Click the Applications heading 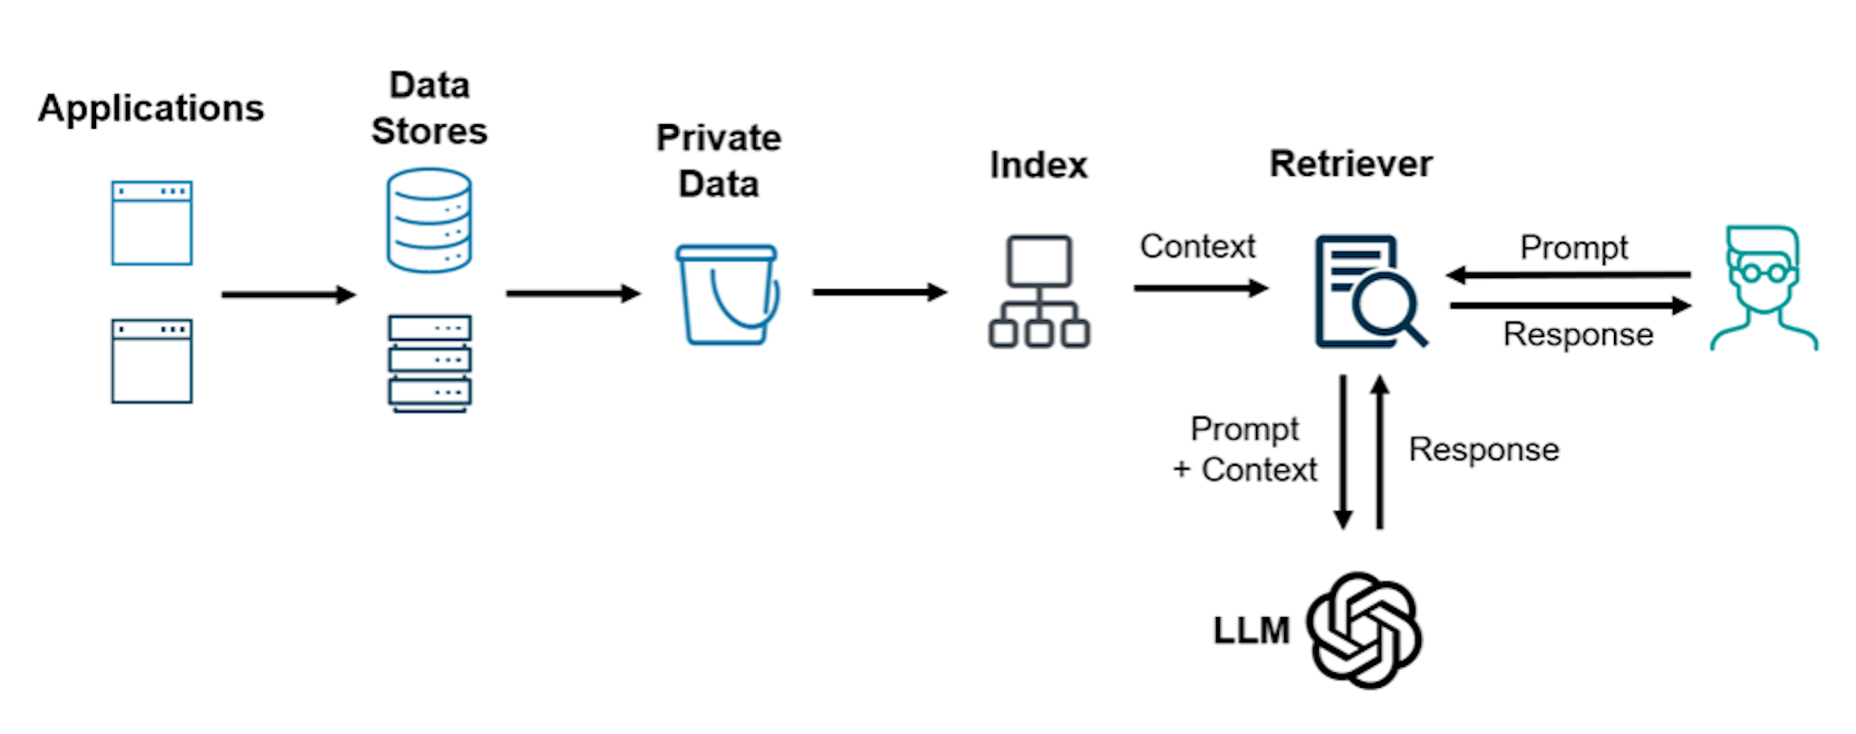tap(150, 109)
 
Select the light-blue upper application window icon tap(152, 223)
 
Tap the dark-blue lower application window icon tap(152, 361)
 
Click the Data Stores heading tap(429, 109)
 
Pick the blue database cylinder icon tap(429, 220)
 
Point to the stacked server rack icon tap(430, 362)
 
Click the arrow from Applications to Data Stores tap(288, 295)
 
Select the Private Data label tap(719, 161)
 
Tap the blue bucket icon tap(727, 295)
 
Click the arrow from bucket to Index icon tap(879, 292)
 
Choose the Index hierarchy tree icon tap(1039, 292)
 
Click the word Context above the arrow tap(1197, 246)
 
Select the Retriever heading tap(1350, 164)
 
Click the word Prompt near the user tap(1574, 247)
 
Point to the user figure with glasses tap(1763, 288)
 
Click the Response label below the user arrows tap(1578, 334)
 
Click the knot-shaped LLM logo tap(1363, 630)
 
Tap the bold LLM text tap(1251, 631)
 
